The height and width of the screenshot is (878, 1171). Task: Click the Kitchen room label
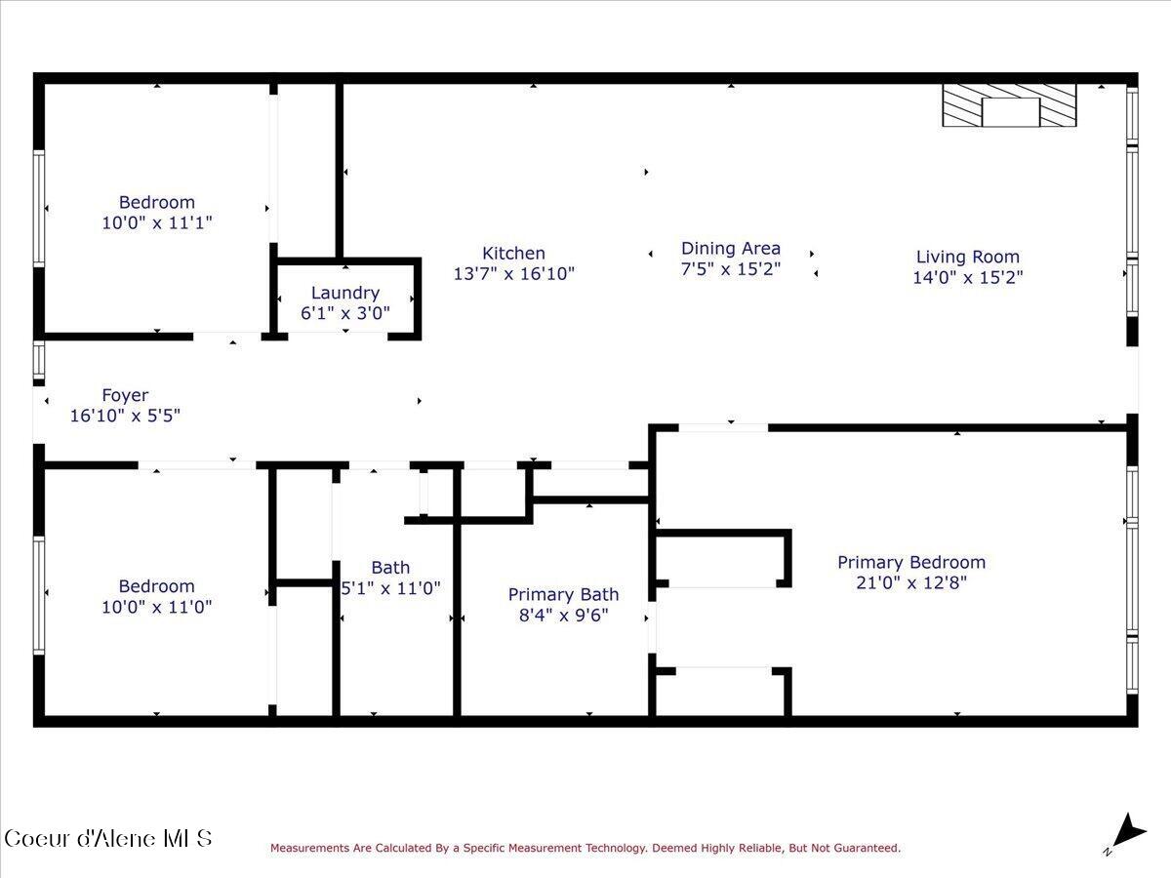pyautogui.click(x=513, y=254)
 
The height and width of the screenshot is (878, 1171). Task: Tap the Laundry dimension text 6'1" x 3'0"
pyautogui.click(x=345, y=313)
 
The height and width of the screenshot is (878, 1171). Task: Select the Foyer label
pyautogui.click(x=125, y=395)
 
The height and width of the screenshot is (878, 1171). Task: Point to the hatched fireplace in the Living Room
pyautogui.click(x=1009, y=105)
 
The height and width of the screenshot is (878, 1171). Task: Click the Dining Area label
pyautogui.click(x=730, y=249)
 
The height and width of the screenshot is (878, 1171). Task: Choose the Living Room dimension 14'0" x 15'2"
pyautogui.click(x=967, y=277)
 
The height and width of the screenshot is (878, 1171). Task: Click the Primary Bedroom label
pyautogui.click(x=910, y=562)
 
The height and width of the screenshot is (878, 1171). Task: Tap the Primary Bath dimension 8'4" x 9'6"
pyautogui.click(x=563, y=615)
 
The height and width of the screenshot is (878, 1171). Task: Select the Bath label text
pyautogui.click(x=390, y=568)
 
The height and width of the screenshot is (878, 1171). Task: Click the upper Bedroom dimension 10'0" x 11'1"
pyautogui.click(x=157, y=222)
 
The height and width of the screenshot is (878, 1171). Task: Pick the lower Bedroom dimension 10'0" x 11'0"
pyautogui.click(x=157, y=606)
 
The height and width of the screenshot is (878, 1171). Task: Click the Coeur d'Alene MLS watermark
pyautogui.click(x=107, y=838)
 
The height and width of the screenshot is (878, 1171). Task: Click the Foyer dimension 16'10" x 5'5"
pyautogui.click(x=125, y=416)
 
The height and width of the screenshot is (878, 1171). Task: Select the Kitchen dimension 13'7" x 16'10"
pyautogui.click(x=513, y=274)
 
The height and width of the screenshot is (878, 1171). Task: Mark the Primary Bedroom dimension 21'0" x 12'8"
pyautogui.click(x=910, y=583)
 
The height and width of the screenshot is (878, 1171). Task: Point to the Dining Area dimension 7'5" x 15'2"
pyautogui.click(x=730, y=269)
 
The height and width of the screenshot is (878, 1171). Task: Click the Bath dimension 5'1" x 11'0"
pyautogui.click(x=390, y=588)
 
